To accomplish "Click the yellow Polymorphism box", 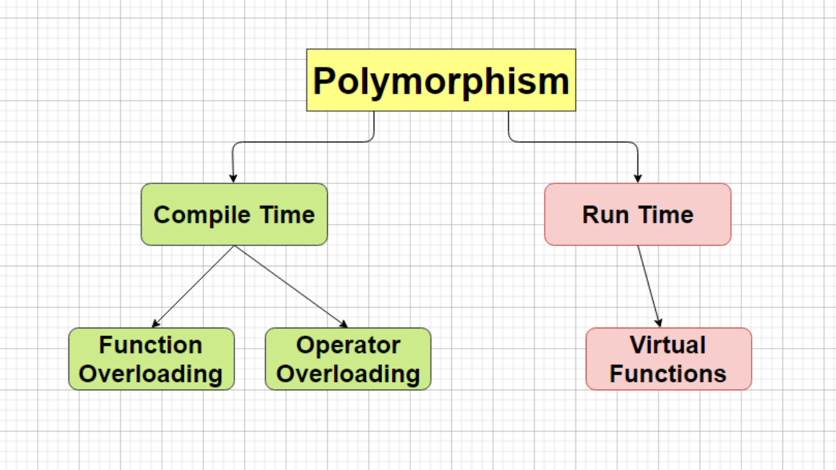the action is tap(441, 80).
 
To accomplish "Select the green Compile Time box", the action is tap(234, 215).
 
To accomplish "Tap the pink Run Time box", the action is tap(638, 215).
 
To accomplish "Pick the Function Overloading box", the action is tap(152, 359).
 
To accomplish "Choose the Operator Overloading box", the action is tap(348, 359).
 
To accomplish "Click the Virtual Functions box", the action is tap(669, 359).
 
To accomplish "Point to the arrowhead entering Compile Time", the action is tap(233, 178).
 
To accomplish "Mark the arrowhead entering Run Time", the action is tap(638, 178).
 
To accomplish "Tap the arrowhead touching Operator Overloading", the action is tap(344, 324).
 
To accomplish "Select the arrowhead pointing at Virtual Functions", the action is tap(659, 322).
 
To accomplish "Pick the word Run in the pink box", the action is tap(605, 215).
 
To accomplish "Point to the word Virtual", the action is tap(668, 345).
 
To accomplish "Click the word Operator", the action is tap(348, 345).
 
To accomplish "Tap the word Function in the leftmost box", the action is tap(151, 345).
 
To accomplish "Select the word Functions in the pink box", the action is tap(668, 374).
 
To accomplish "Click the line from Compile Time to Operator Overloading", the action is tap(291, 287).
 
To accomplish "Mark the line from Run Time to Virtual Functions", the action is tap(649, 287).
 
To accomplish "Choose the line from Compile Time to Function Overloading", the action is tap(193, 287).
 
